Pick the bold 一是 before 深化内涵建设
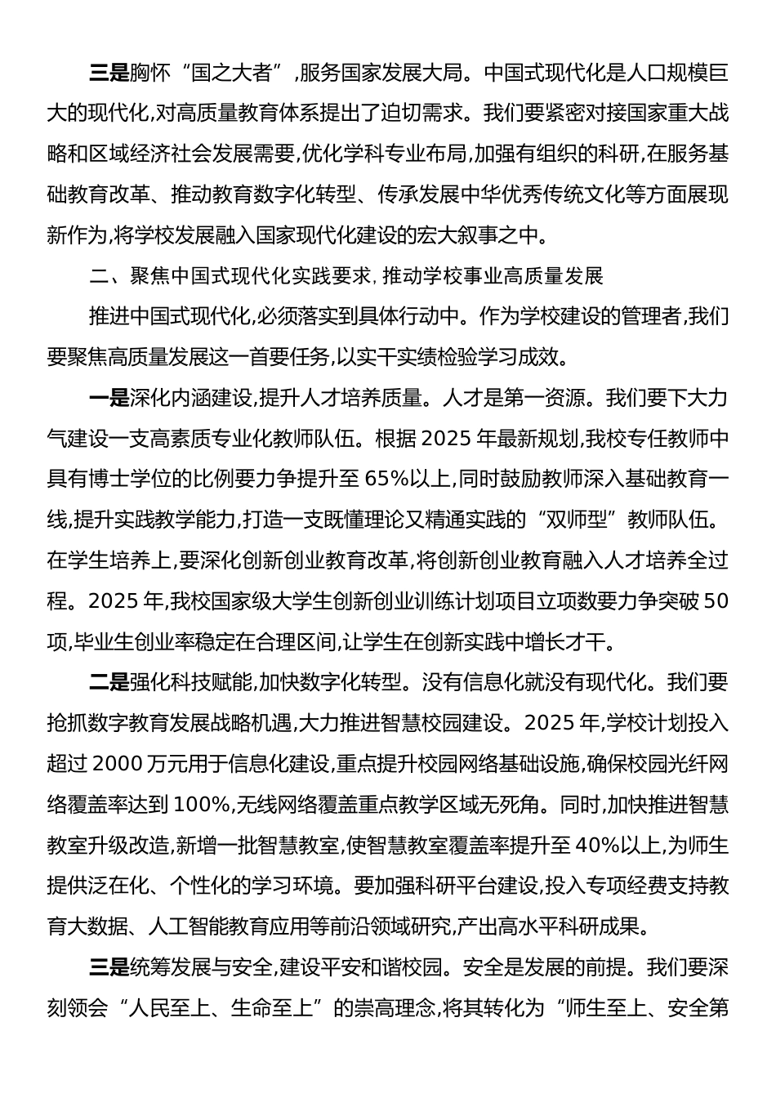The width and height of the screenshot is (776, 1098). tap(109, 399)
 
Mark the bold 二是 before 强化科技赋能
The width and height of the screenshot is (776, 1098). tap(109, 682)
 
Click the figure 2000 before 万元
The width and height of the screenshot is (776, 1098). tap(120, 764)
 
